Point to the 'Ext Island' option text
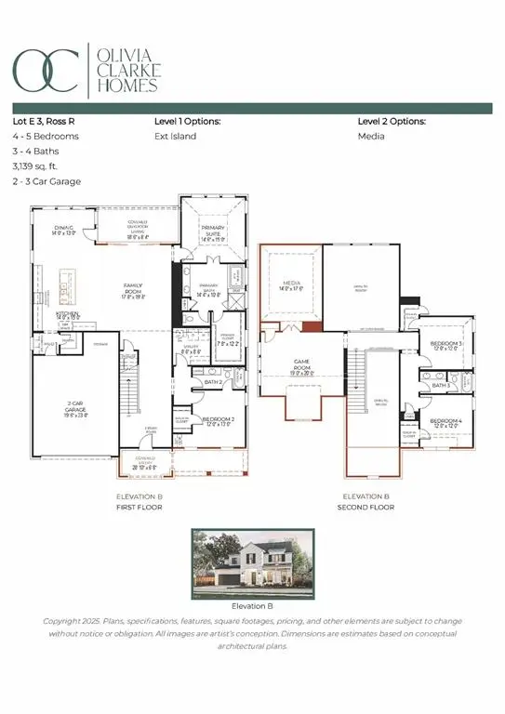pos(173,136)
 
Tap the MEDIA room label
pos(289,285)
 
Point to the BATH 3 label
pos(441,384)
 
